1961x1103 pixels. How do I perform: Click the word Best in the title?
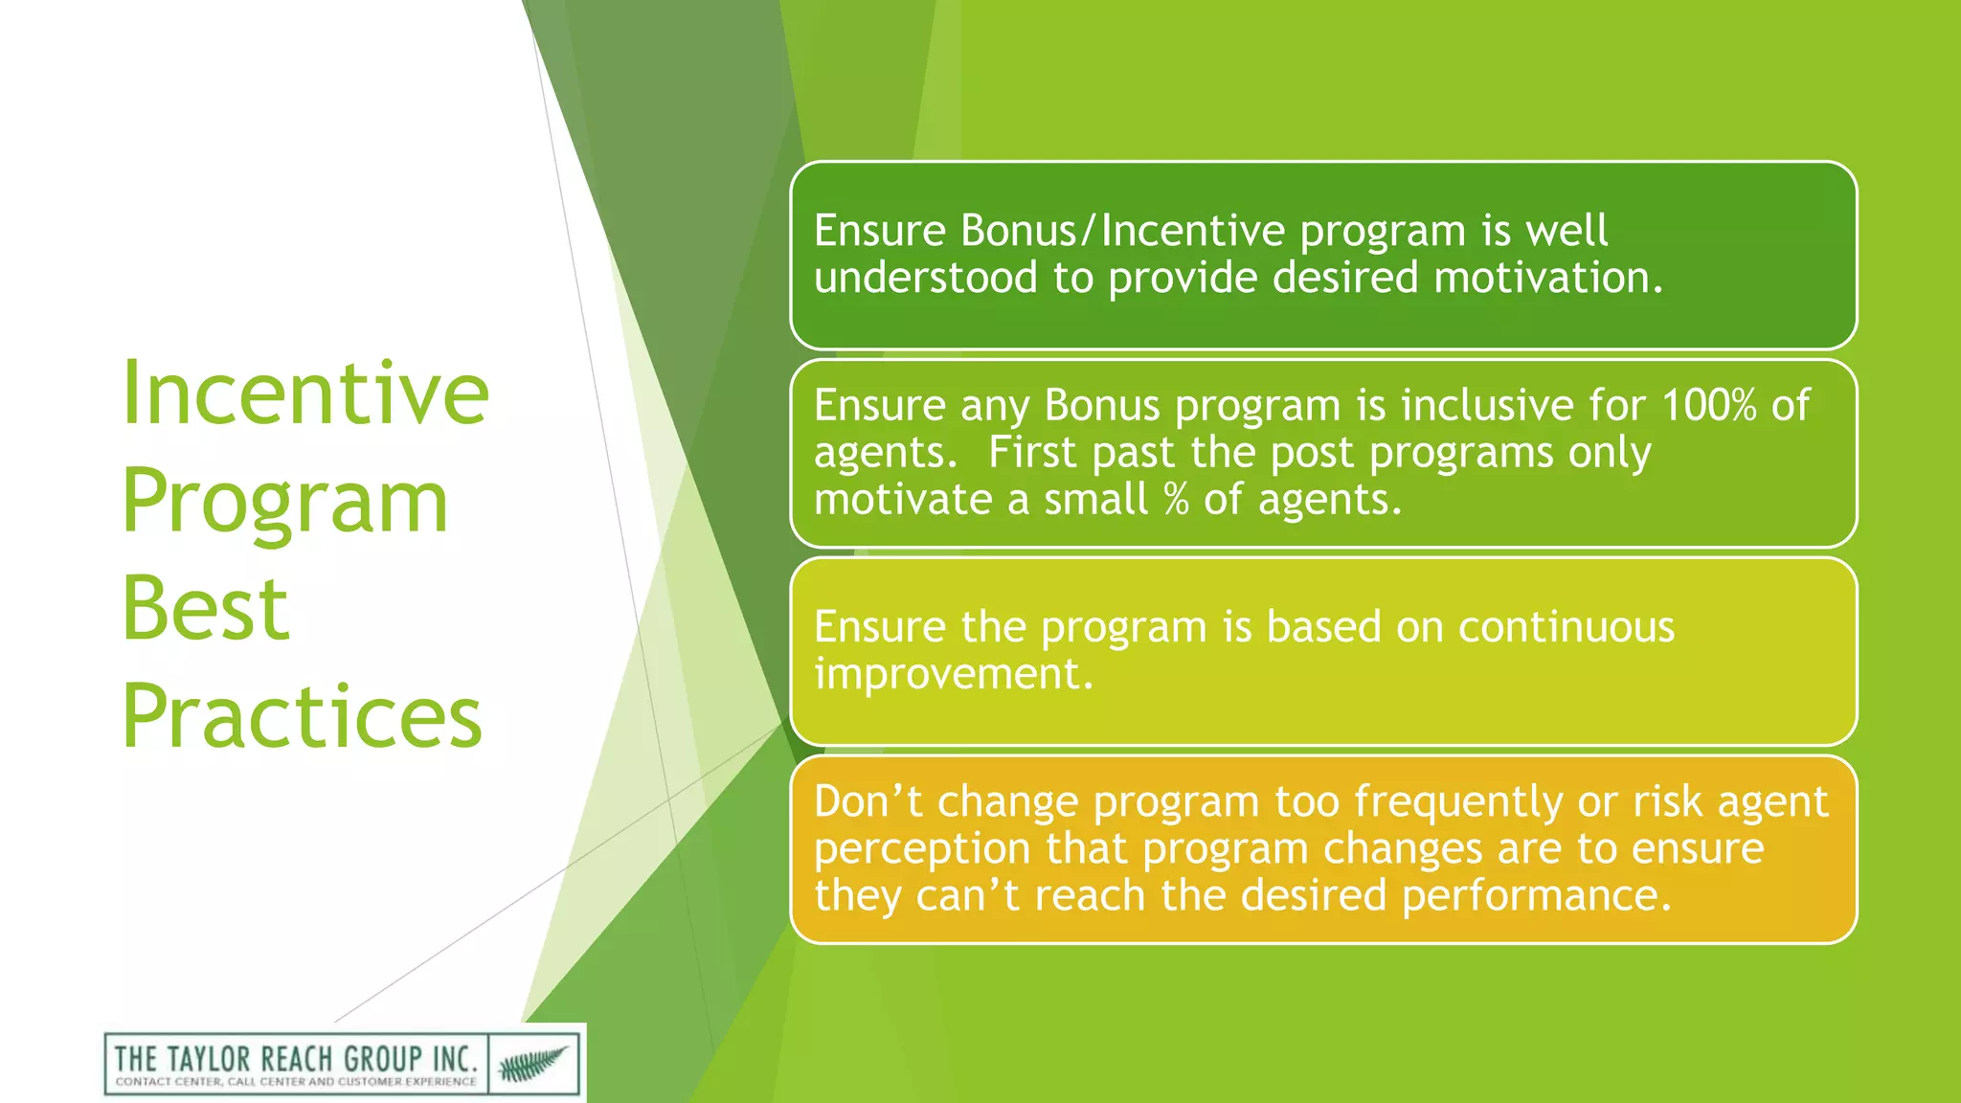[x=205, y=609]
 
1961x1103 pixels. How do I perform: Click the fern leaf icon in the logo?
[x=533, y=1063]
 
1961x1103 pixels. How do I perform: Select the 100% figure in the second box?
[x=1708, y=405]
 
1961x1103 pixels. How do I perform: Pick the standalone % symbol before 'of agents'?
[x=1176, y=500]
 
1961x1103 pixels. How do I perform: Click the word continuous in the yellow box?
[x=1566, y=627]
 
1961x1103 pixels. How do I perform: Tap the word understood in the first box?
[x=925, y=278]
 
